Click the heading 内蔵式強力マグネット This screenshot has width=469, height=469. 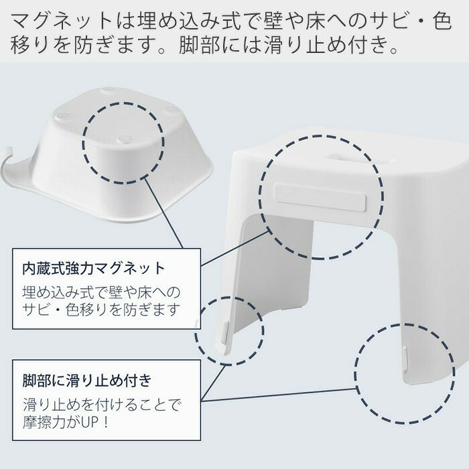point(94,269)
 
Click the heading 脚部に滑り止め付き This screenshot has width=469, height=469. point(87,381)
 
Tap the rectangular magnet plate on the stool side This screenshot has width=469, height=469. point(320,198)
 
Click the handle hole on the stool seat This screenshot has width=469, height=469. point(336,157)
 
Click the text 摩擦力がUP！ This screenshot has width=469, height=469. point(66,421)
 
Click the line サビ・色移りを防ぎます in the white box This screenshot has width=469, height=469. point(101,310)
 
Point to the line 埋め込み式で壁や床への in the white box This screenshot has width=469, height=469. point(101,292)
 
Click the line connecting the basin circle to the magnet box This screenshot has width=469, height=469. point(165,212)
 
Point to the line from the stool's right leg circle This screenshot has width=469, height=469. point(279,395)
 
